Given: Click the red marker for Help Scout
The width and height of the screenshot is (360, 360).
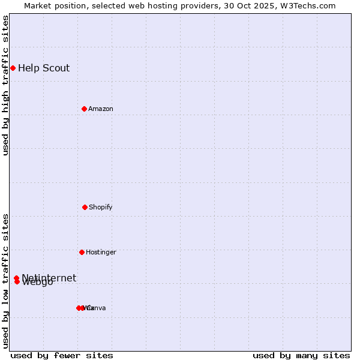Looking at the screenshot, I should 13,68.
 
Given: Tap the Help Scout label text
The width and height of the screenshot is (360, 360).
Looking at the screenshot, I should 44,68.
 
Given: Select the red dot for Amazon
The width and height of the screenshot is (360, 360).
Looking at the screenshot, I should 84,109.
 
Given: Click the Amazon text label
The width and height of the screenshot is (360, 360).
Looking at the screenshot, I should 101,109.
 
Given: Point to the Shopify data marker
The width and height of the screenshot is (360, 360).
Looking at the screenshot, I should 85,207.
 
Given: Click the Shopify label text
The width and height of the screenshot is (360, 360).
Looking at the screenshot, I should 101,207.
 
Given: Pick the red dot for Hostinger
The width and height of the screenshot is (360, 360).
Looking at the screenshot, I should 82,252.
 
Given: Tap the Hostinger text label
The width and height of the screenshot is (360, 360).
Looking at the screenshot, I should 101,252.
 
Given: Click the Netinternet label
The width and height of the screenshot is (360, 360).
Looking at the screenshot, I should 49,277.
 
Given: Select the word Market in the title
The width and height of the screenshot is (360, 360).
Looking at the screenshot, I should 37,5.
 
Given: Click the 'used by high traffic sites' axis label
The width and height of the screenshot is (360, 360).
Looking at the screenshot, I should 5,85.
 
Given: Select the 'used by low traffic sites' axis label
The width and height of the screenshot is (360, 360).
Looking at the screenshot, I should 5,281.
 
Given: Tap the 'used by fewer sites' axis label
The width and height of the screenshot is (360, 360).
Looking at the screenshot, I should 62,355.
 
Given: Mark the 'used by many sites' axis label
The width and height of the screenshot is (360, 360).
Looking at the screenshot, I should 301,355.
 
